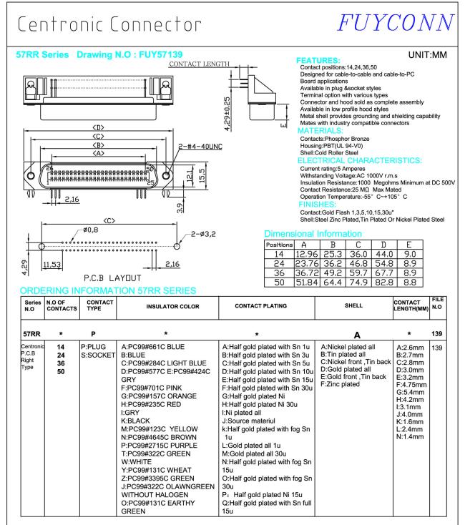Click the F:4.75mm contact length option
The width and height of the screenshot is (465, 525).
pos(408,382)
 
